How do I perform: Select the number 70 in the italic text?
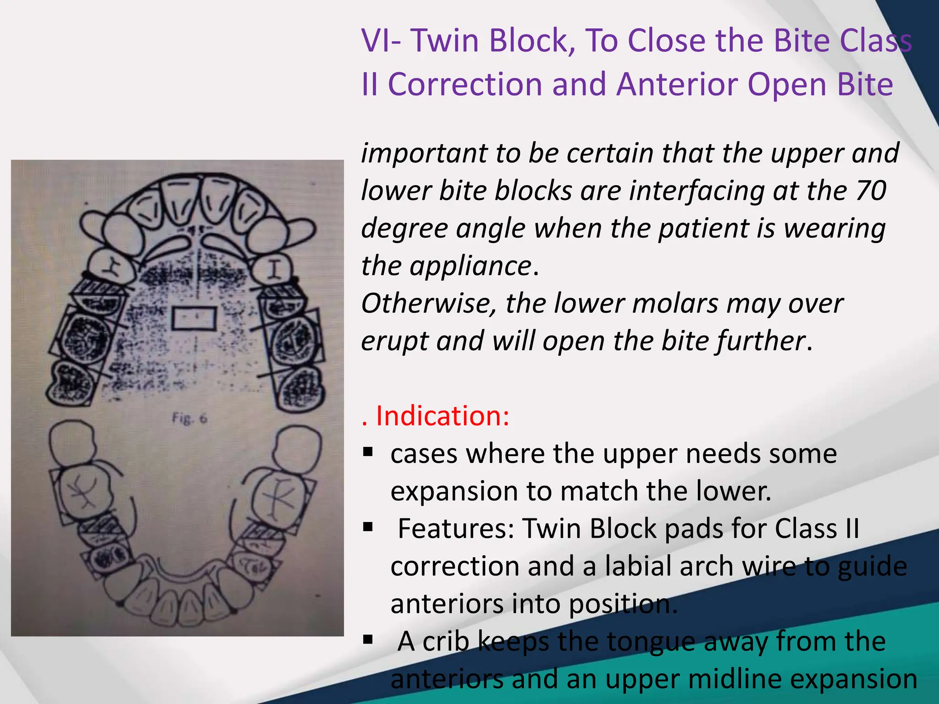tap(870, 191)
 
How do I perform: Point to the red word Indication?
tap(442, 416)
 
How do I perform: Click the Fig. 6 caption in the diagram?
tap(189, 418)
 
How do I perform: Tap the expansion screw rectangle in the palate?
tap(194, 319)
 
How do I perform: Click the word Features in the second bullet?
tap(456, 528)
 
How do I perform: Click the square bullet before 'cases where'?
tap(368, 452)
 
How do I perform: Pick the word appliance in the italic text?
tap(470, 266)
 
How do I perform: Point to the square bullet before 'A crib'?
tap(368, 639)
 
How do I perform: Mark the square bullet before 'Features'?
tap(368, 527)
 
